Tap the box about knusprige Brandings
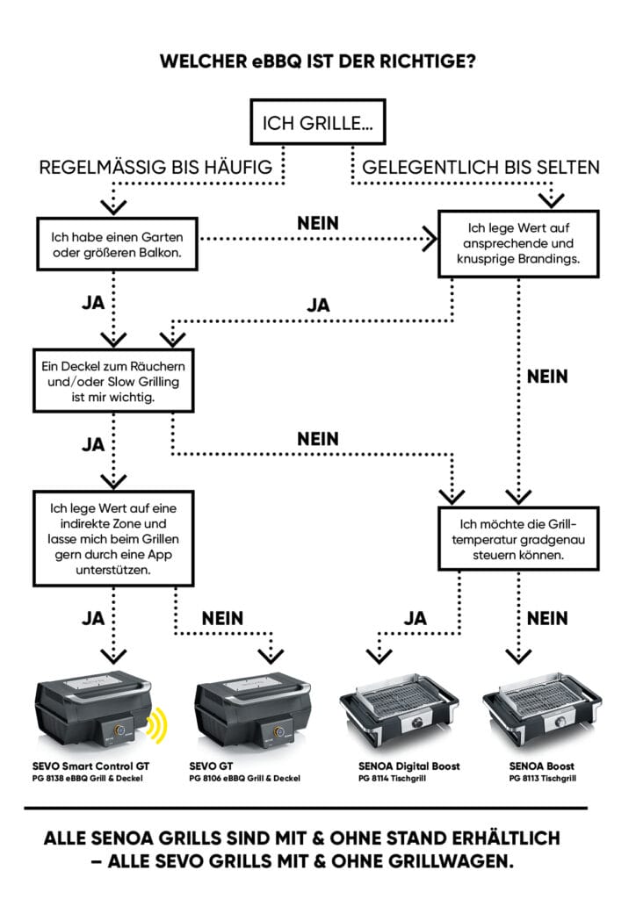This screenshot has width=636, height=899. coord(518,244)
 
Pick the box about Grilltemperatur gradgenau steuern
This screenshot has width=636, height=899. coord(517,536)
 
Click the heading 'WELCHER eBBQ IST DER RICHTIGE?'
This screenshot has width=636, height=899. coord(317,61)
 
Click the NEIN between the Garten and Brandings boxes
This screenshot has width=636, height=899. coord(318,224)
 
